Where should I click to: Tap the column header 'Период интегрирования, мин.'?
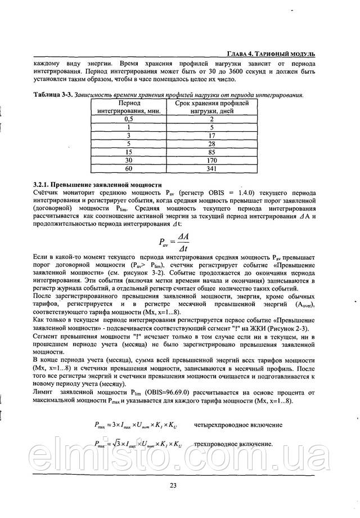click(129, 107)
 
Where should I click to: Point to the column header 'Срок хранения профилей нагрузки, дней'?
click(211, 107)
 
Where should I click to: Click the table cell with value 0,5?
click(129, 119)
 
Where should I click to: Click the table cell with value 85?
click(211, 151)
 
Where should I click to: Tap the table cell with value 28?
click(211, 144)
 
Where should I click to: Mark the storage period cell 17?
click(211, 136)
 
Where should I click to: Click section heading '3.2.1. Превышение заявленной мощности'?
click(97, 184)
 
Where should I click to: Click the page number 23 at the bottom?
click(173, 486)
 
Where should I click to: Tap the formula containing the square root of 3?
click(138, 444)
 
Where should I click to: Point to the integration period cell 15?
click(129, 151)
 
